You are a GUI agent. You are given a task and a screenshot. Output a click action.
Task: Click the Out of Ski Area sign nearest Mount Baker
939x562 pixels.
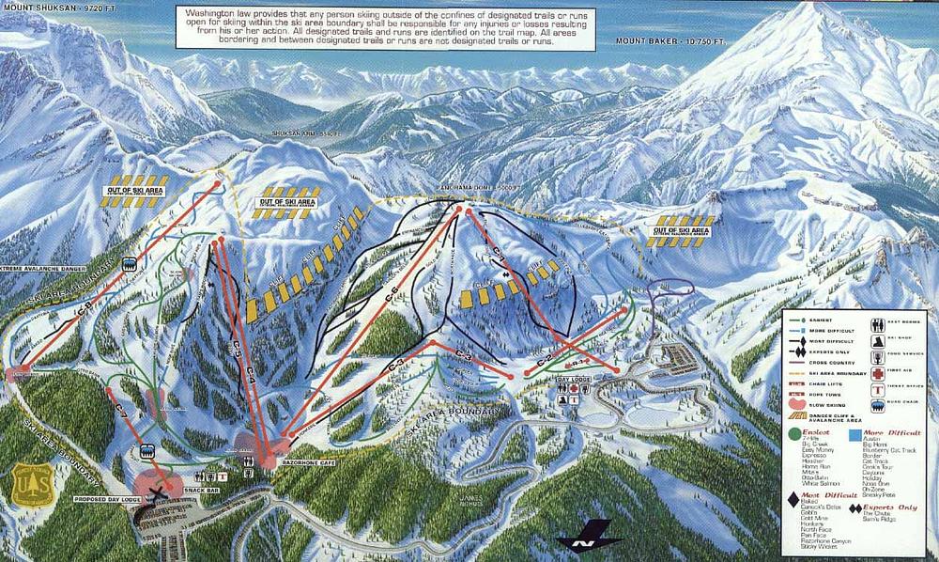pos(681,230)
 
